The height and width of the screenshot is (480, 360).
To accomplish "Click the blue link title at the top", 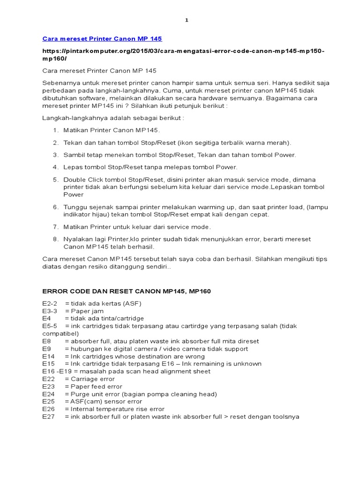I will coord(102,38).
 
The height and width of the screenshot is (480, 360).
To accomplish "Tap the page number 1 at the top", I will coord(186,20).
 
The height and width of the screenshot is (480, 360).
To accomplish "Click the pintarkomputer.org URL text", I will coord(183,54).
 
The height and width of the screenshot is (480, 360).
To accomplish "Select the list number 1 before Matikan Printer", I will coord(55,130).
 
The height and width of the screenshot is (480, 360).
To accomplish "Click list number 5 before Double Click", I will coord(55,180).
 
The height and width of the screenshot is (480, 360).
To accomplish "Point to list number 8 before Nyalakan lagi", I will coord(55,239).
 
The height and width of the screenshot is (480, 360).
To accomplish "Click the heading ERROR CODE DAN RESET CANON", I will coord(127,291).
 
